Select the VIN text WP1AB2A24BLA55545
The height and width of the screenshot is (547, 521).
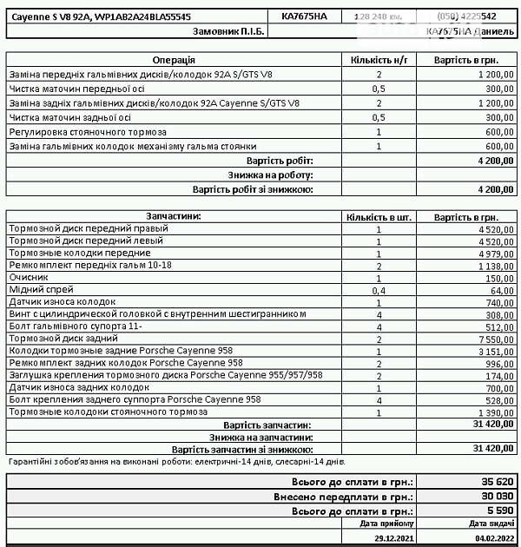coord(143,16)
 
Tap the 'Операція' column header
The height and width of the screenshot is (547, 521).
coord(174,60)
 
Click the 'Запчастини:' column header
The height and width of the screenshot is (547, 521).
coord(174,216)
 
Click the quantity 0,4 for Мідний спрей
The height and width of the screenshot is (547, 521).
coord(379,290)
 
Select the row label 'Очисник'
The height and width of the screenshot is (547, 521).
coord(28,277)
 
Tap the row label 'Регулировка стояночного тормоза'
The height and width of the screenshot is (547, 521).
coord(85,131)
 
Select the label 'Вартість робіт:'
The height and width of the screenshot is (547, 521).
coord(280,161)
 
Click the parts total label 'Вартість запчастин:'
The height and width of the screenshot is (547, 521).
coord(267,425)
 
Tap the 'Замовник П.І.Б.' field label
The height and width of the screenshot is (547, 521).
coord(228,30)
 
